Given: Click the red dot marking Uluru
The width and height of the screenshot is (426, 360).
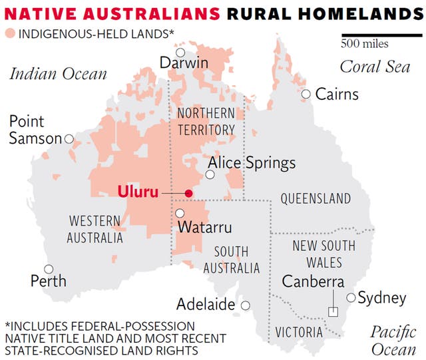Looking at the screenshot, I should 188,194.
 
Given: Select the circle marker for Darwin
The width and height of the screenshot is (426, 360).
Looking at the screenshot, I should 180,53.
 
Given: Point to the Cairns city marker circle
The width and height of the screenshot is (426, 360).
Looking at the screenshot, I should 306,94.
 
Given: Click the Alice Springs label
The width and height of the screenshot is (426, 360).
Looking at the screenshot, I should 252,163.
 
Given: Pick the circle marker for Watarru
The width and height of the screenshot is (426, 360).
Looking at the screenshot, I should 180,214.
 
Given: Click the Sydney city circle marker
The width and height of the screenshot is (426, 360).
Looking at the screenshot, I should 351,298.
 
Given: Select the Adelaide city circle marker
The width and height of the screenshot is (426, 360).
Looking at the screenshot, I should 246,305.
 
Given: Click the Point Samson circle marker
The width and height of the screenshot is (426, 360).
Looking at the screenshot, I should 68,139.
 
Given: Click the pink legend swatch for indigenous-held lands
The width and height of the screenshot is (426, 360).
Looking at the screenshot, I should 10,34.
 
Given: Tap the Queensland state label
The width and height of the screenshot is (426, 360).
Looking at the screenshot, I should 316,198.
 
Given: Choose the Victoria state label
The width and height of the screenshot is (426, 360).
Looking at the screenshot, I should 299,332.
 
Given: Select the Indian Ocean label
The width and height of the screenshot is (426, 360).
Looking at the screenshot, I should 58,73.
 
